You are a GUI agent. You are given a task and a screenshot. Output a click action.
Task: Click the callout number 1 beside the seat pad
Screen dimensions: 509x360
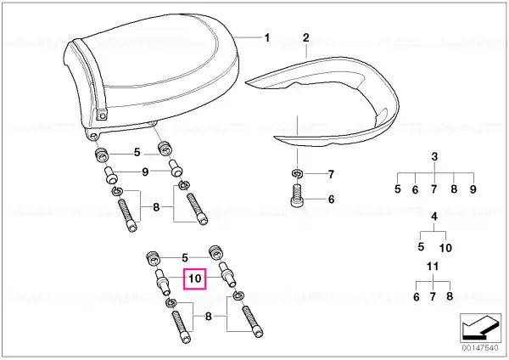click(267, 38)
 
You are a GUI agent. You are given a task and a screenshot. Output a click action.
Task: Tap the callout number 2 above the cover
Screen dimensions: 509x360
click(306, 37)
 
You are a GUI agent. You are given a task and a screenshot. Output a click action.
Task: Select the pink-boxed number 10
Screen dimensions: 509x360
click(195, 278)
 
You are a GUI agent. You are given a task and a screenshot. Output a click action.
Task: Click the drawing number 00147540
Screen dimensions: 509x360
click(480, 348)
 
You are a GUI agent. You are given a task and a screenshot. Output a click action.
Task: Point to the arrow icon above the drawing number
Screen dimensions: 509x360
click(480, 328)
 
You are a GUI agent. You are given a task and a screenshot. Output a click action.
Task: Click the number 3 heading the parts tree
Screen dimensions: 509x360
click(434, 156)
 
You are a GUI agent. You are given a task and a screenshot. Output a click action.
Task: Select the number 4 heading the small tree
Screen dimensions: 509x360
click(434, 217)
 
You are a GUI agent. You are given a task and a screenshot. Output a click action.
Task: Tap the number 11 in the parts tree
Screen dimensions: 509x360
click(433, 267)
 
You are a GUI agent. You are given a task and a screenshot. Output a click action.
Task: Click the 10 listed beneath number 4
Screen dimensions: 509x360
click(445, 248)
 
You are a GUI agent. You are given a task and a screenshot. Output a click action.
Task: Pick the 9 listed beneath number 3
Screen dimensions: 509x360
click(473, 189)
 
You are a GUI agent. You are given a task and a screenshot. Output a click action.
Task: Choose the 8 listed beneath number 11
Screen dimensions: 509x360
click(450, 296)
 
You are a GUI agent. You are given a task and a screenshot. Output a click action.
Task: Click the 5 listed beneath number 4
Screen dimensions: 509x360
click(421, 246)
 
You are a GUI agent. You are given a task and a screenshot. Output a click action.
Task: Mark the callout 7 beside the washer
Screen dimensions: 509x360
click(331, 175)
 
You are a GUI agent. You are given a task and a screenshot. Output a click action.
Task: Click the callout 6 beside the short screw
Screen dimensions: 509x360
click(331, 200)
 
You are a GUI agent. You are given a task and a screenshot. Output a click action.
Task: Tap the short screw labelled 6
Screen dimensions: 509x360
click(296, 195)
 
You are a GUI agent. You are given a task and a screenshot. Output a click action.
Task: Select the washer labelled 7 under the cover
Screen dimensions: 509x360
click(297, 173)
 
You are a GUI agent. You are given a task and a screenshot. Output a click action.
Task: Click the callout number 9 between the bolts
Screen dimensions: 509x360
click(145, 172)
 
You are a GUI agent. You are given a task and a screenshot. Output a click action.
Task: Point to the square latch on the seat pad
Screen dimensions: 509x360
click(102, 115)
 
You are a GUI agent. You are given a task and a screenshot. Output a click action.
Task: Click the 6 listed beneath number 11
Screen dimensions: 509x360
click(417, 297)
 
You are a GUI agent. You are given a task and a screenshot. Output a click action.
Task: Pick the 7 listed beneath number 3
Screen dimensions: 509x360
click(434, 189)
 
